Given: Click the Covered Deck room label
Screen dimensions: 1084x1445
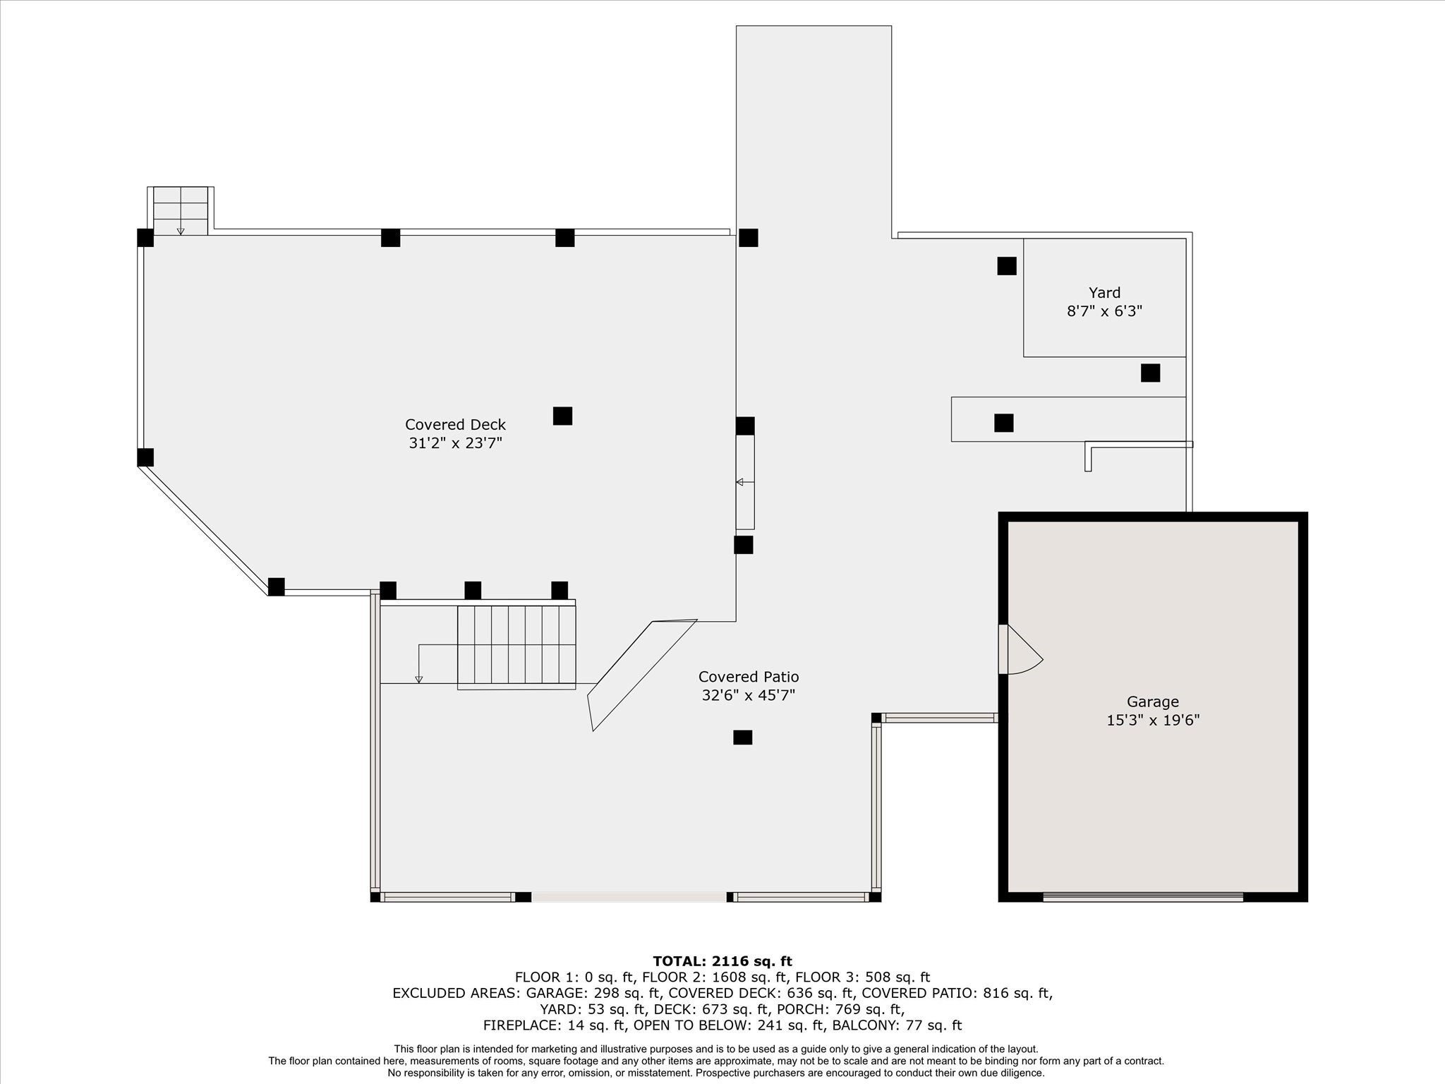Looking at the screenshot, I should point(455,425).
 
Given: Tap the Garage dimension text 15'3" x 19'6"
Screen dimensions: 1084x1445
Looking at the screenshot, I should point(1153,721).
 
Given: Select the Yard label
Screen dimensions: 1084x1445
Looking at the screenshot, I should point(1104,293).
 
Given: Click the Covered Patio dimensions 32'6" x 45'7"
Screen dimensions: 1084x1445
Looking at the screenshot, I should point(748,695).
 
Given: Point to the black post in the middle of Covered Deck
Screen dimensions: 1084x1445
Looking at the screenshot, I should point(562,416).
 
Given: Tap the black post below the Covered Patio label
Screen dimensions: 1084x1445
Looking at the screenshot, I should point(742,737).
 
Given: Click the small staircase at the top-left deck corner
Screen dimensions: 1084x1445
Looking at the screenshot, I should point(181,211).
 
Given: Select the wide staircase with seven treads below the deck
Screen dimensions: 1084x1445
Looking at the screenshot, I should point(516,646).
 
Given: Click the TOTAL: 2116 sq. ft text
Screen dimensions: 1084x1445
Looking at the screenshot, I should point(722,961).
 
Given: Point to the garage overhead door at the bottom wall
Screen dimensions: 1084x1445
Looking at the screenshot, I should point(1143,897).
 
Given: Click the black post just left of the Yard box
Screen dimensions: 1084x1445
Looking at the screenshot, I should point(1007,266).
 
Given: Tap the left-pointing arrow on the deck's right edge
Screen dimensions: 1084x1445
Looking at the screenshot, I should point(740,482).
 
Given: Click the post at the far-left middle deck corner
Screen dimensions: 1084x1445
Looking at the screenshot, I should point(145,457).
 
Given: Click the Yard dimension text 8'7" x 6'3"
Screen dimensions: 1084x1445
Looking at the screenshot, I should point(1104,311).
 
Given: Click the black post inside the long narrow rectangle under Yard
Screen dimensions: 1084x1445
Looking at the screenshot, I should point(1003,423).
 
